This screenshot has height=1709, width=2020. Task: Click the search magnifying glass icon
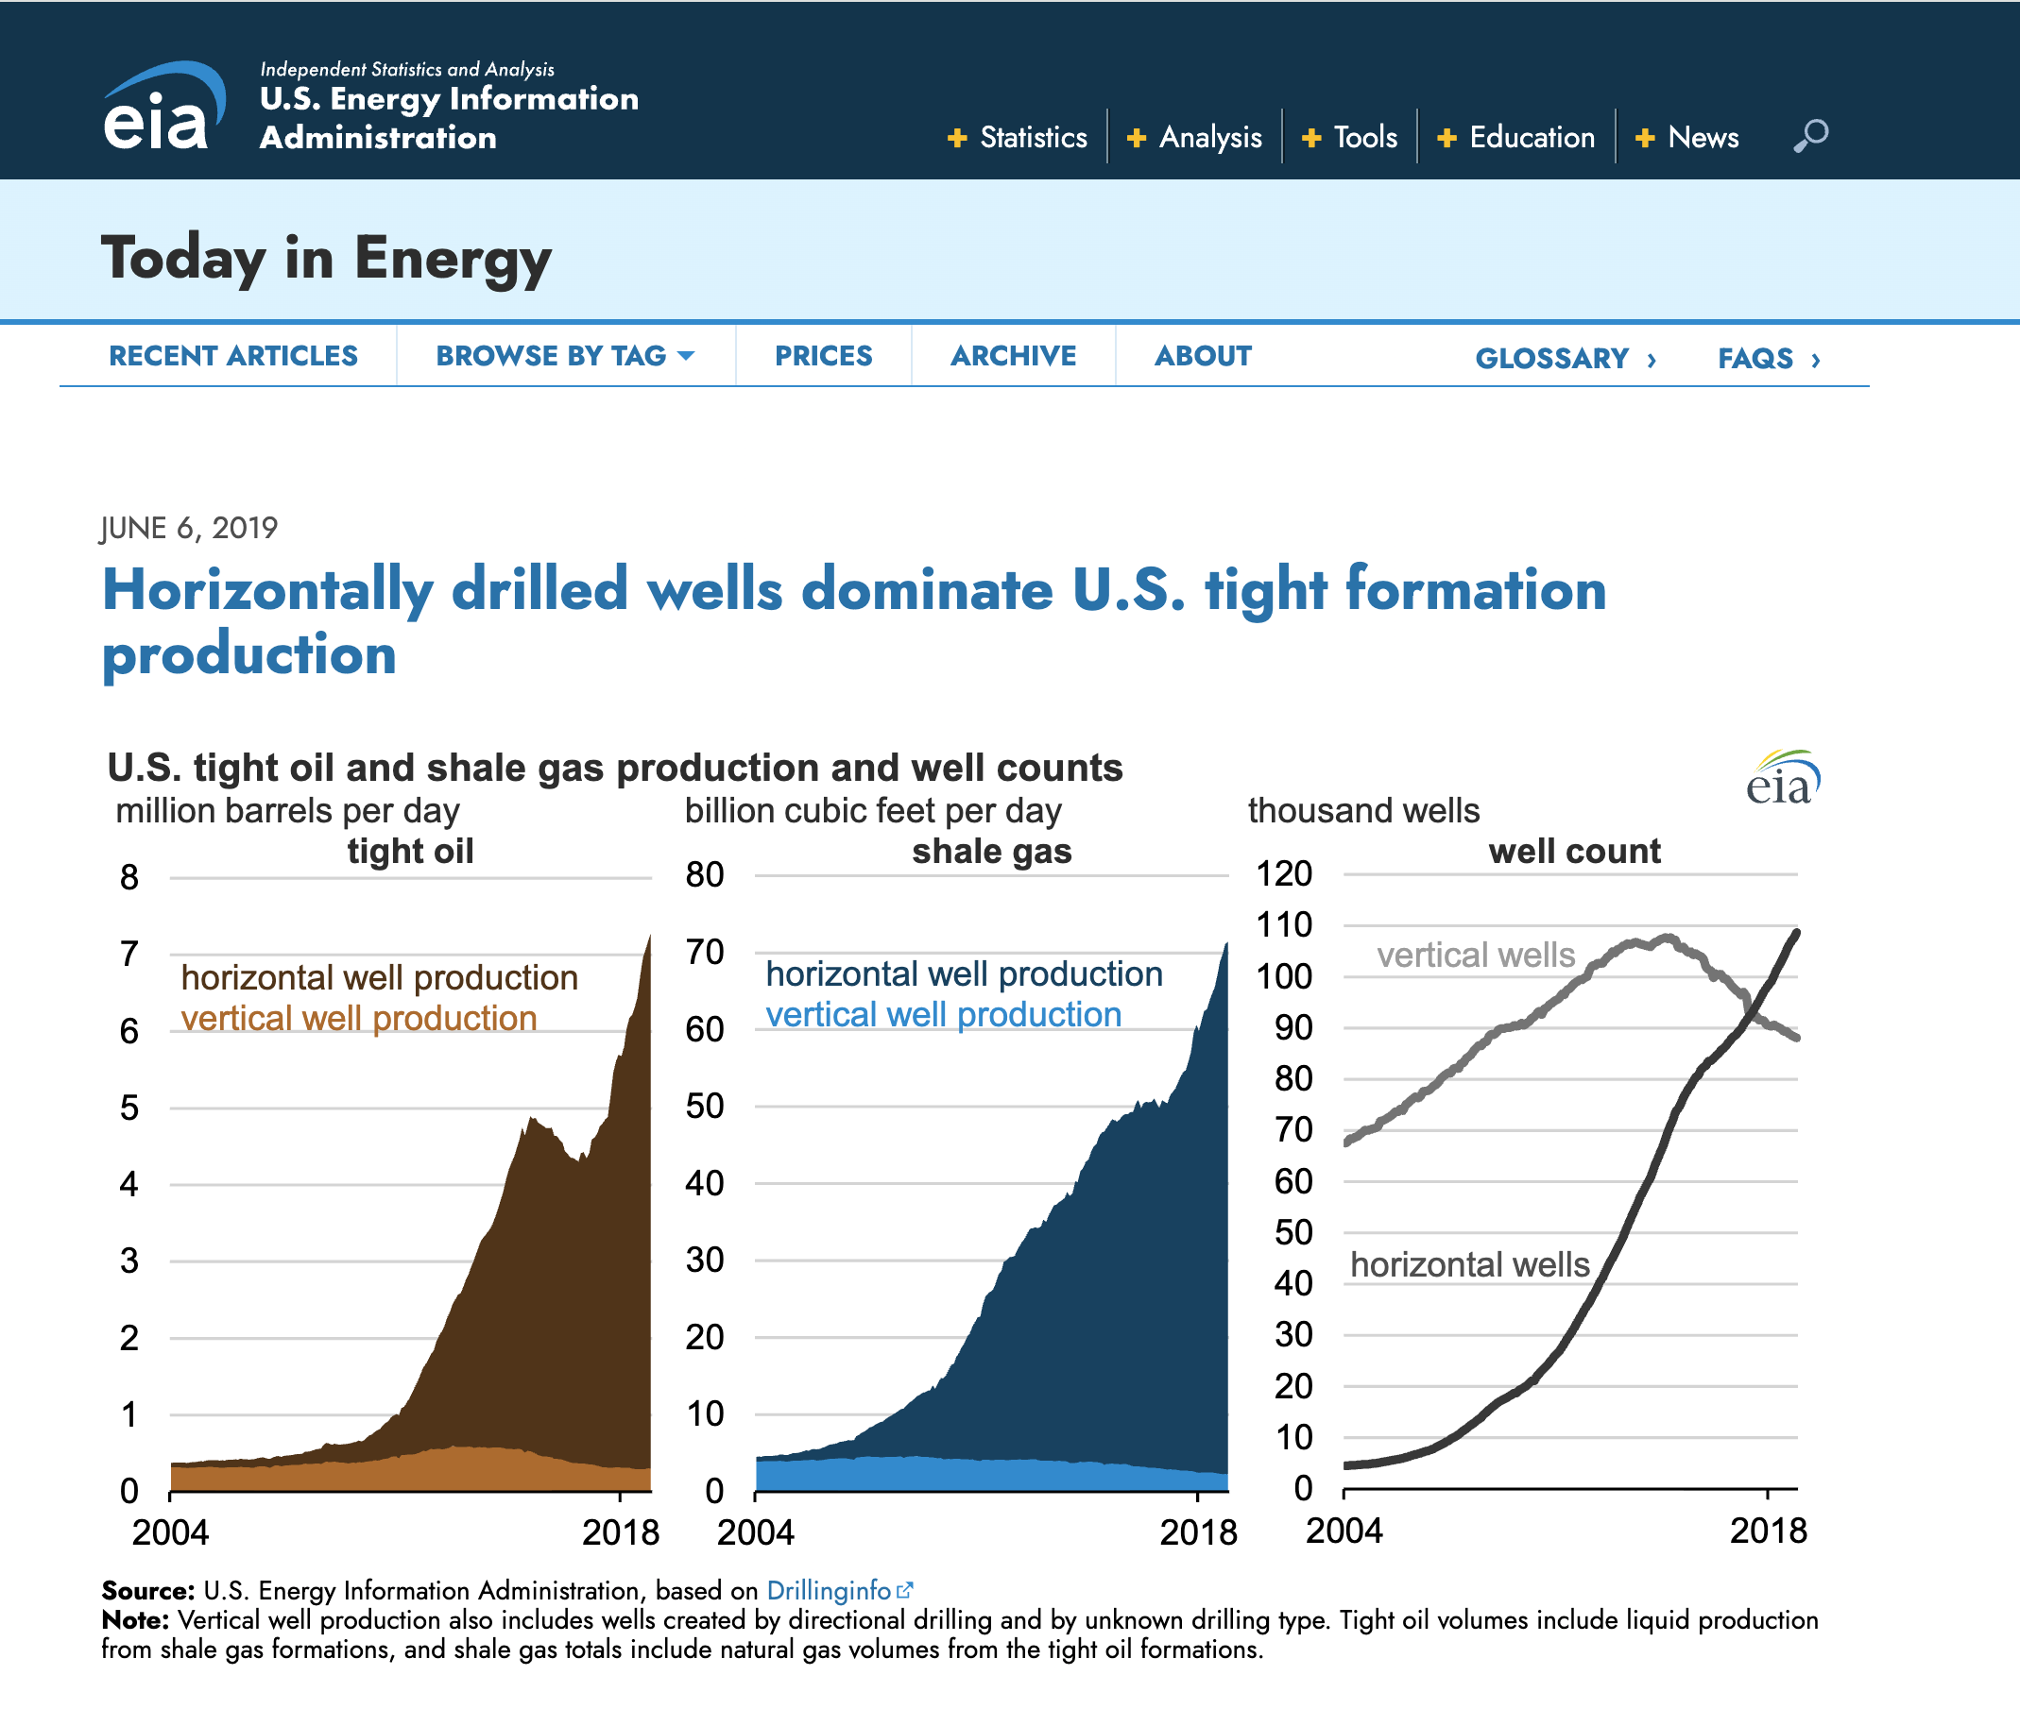point(1809,136)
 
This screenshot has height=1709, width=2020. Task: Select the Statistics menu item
point(1018,138)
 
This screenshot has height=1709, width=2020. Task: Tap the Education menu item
point(1516,138)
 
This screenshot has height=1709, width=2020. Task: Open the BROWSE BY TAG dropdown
point(565,356)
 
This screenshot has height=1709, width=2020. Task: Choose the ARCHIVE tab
point(1013,356)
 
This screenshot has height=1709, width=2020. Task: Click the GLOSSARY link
point(1566,359)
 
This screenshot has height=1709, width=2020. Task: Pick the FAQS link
point(1769,359)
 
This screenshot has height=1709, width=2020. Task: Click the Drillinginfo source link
point(839,1590)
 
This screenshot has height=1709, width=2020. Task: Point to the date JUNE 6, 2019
point(189,528)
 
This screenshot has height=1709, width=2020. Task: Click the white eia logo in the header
point(163,107)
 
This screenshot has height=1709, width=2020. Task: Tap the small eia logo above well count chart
point(1783,777)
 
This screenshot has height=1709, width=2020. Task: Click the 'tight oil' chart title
point(410,851)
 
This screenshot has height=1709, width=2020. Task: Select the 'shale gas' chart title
point(992,851)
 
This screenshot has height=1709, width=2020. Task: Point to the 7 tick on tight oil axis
point(128,954)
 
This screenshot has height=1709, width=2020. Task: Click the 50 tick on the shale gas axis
point(705,1106)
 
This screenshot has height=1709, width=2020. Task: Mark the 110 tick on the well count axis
point(1284,924)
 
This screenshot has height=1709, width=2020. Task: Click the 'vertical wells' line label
point(1475,956)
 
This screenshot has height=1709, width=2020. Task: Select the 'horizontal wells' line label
point(1469,1264)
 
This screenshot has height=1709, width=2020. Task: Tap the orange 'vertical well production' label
point(359,1018)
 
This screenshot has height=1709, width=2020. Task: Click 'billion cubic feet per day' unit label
point(873,811)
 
